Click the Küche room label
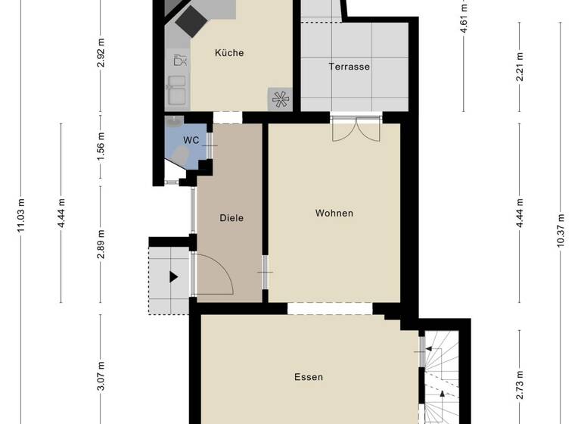click(x=228, y=53)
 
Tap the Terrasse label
click(x=349, y=67)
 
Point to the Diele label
click(x=231, y=218)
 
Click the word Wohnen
click(x=334, y=214)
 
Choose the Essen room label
click(x=309, y=377)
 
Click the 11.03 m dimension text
click(x=20, y=217)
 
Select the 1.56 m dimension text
click(x=101, y=142)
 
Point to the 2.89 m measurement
click(x=101, y=248)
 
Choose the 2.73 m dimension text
click(x=520, y=377)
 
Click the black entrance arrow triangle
click(x=173, y=277)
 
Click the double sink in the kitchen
click(x=176, y=90)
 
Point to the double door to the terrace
click(x=356, y=129)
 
